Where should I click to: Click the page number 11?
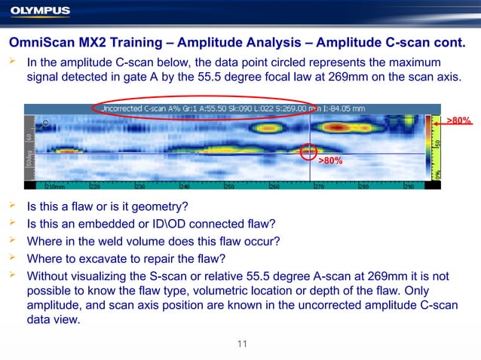(x=241, y=344)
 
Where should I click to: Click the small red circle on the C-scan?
(x=309, y=152)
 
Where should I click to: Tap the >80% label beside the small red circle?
(x=330, y=160)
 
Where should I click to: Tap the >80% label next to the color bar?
(x=459, y=121)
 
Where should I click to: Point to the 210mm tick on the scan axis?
(x=54, y=185)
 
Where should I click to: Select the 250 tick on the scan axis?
(x=229, y=185)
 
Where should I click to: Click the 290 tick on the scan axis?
(x=408, y=185)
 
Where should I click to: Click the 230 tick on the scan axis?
(x=140, y=185)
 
